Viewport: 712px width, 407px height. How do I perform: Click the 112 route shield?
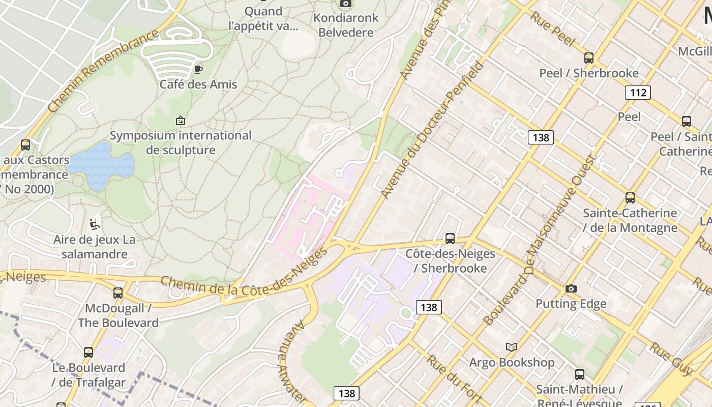[x=638, y=92]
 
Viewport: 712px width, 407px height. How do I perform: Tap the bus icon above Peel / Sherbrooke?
[x=589, y=58]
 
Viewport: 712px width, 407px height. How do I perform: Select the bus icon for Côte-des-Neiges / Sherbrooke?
[x=450, y=238]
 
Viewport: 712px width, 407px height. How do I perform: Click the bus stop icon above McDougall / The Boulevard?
[x=118, y=293]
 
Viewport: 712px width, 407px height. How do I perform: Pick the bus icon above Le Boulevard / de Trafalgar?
[x=88, y=352]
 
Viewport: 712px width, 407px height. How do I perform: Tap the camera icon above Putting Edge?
[x=571, y=288]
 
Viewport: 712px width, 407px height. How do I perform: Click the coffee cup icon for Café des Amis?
[x=198, y=69]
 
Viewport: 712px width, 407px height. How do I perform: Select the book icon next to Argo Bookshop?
[x=511, y=347]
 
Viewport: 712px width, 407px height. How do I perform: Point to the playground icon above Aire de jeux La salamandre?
[x=94, y=224]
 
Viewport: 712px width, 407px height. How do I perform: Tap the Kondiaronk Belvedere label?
[x=346, y=25]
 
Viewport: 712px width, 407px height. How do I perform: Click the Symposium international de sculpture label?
[x=181, y=143]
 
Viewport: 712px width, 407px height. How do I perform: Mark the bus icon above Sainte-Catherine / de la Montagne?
[x=630, y=198]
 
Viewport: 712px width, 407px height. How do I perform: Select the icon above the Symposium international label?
[x=181, y=121]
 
